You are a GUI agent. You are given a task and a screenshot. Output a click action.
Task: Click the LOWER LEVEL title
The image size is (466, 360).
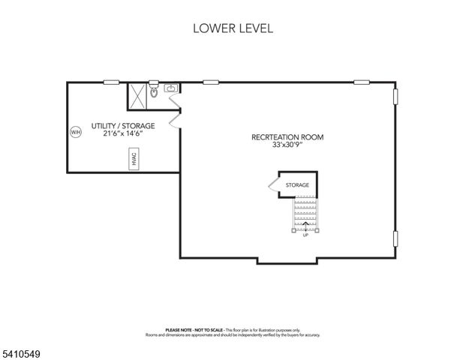click(233, 29)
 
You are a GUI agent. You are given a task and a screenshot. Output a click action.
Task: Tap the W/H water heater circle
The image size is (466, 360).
click(75, 132)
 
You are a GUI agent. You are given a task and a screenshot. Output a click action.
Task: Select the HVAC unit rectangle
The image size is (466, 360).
click(134, 158)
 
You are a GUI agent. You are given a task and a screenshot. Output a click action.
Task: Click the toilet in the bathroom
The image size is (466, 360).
click(154, 93)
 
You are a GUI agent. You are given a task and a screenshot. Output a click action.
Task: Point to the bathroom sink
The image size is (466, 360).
click(170, 88)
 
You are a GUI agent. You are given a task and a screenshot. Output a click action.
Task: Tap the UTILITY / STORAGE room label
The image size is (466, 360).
click(123, 125)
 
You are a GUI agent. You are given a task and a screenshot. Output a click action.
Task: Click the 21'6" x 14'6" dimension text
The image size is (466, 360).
click(123, 134)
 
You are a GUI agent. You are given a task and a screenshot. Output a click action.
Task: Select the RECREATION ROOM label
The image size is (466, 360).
click(287, 137)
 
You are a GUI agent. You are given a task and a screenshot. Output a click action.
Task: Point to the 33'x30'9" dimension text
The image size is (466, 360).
click(287, 145)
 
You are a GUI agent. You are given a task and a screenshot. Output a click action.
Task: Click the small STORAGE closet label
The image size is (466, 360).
click(297, 184)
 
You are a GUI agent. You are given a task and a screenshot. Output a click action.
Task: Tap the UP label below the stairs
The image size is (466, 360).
click(305, 235)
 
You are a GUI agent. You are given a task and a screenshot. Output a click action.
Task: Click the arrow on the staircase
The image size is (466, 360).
click(305, 222)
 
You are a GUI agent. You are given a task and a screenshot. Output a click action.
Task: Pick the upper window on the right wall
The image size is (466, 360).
click(395, 98)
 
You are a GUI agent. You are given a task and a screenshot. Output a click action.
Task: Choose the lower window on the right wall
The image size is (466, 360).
click(395, 239)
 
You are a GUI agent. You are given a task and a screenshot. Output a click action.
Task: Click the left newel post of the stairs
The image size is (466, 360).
click(293, 229)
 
